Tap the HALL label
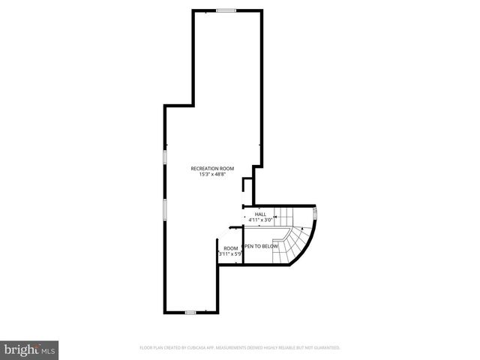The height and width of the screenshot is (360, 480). coord(260,214)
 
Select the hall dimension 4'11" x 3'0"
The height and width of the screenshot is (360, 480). coord(260,220)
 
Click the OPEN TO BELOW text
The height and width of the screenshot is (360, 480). coord(261,246)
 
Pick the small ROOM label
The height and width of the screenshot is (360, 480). coord(231,248)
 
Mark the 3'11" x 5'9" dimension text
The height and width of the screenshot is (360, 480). coord(231,254)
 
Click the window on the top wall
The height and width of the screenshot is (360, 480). coord(226,10)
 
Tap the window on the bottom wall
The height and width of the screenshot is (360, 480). coord(190,312)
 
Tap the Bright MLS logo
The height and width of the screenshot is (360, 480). coord(30,349)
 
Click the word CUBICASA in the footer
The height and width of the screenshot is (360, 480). coord(200,348)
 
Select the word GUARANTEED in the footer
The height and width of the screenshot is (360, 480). coord(325,348)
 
